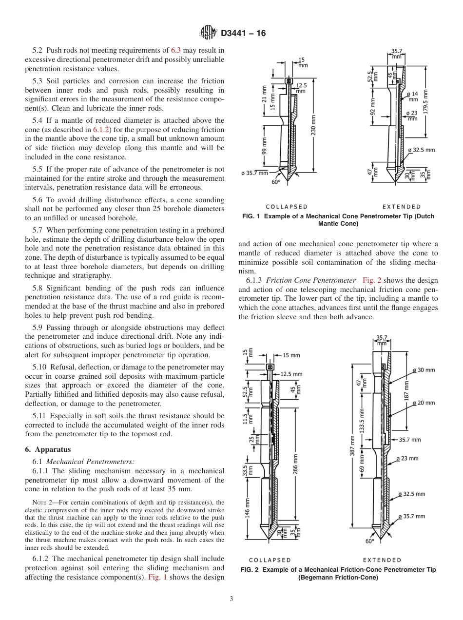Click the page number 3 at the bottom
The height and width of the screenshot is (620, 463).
231,599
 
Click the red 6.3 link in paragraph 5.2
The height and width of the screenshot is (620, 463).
176,50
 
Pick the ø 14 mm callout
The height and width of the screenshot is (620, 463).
412,97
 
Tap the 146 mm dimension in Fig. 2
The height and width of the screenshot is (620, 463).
248,507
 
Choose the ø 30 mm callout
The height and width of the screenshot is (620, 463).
423,370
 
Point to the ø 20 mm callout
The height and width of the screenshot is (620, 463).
423,403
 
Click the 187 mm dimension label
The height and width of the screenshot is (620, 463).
406,390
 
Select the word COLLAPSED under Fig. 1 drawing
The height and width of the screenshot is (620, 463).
287,207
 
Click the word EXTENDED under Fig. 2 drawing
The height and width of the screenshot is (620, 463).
382,560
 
